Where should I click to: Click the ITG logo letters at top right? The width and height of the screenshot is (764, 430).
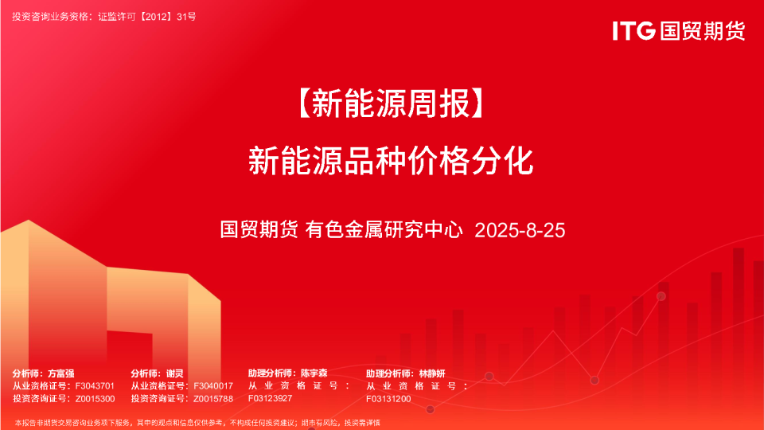(634, 31)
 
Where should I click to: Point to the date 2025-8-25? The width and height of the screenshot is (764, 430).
(520, 231)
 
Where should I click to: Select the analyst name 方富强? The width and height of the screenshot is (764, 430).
(61, 373)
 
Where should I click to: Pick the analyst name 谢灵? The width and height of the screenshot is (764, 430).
(175, 373)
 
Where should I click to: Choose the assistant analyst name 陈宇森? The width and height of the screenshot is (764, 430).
(314, 373)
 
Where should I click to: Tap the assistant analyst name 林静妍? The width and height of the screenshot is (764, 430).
(432, 373)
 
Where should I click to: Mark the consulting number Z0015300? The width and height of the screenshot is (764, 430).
(95, 398)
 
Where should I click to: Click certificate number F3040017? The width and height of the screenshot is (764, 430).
(213, 385)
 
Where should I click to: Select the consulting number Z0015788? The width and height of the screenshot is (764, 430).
(213, 398)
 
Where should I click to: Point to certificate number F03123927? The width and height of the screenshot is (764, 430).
(271, 398)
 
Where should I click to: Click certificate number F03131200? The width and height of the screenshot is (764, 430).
(389, 398)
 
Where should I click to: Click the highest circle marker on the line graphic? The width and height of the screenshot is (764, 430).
(661, 296)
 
